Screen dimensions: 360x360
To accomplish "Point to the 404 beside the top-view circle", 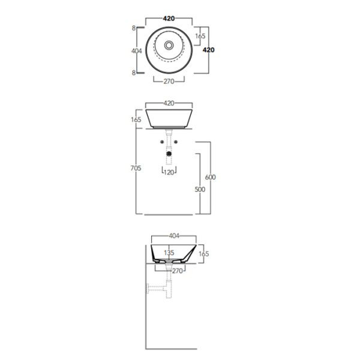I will pyautogui.click(x=136, y=51).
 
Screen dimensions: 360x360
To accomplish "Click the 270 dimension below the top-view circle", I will pyautogui.click(x=169, y=82).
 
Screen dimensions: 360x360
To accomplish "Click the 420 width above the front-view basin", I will pyautogui.click(x=169, y=103).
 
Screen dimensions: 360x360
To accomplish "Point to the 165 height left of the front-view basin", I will pyautogui.click(x=136, y=120).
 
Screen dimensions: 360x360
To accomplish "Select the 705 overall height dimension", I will pyautogui.click(x=136, y=169).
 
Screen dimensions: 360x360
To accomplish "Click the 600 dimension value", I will pyautogui.click(x=210, y=177).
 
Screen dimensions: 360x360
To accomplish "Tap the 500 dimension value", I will pyautogui.click(x=200, y=190).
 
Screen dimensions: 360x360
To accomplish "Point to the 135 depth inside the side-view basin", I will pyautogui.click(x=169, y=253).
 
